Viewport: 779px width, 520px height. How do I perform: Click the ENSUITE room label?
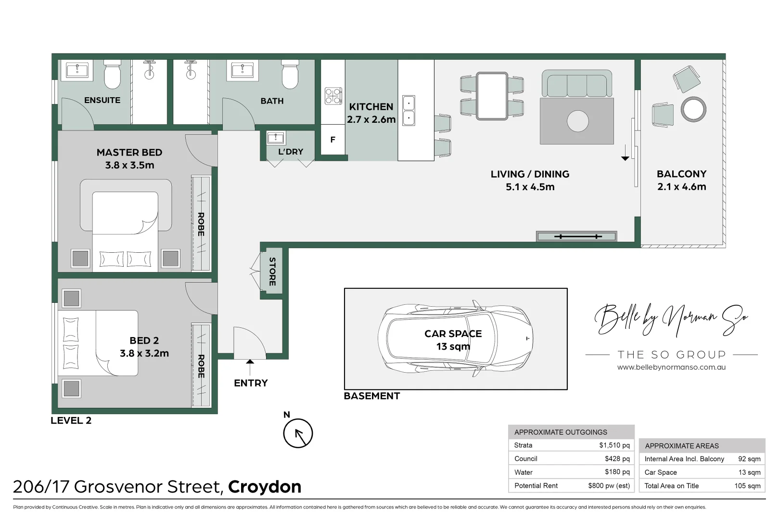tap(102, 100)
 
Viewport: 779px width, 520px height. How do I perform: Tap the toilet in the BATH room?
tap(290, 75)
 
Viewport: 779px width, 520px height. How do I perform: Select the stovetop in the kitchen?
tap(333, 96)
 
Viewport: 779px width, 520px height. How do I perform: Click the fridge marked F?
tap(332, 140)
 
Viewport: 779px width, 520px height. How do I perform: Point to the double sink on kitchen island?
tap(409, 110)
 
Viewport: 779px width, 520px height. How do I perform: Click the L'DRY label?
tap(291, 152)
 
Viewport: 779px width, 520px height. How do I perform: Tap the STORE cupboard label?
tap(272, 272)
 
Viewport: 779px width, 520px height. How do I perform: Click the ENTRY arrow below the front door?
tap(250, 367)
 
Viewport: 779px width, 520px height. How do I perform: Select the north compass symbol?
tap(298, 433)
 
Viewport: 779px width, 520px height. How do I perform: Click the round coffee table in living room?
tap(577, 121)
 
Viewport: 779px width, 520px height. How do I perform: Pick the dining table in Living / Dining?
tap(492, 96)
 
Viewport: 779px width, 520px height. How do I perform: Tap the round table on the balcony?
tap(693, 109)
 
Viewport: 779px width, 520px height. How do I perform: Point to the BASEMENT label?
tap(371, 396)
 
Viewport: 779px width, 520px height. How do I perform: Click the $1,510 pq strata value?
tap(614, 445)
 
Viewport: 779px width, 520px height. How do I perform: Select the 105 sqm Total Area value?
tap(747, 486)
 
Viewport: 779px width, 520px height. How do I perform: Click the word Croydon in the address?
tap(265, 487)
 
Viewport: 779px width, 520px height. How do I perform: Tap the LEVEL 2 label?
tap(71, 420)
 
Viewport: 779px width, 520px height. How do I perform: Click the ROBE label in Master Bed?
tap(201, 224)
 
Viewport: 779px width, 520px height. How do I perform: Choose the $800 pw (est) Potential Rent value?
tap(609, 486)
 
